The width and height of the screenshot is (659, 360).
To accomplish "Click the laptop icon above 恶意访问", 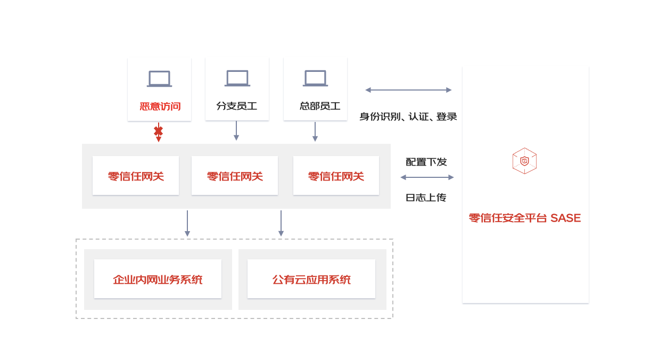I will coord(159,79).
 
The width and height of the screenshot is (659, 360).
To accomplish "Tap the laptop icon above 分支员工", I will coord(237,78).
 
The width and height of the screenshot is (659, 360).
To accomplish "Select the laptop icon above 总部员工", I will coord(315,78).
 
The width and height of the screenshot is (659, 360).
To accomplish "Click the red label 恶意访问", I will coord(160,107).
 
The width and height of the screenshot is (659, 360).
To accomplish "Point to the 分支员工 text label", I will coord(237,106).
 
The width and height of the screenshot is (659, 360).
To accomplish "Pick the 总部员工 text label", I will coord(320,106).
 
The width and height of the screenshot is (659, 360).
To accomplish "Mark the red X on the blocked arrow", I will coord(158,130).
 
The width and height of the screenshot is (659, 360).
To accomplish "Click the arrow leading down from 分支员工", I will coord(236,131).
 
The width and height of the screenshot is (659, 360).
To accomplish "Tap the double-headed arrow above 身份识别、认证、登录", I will coord(408,90).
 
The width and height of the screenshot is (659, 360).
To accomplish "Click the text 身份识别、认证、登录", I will coord(408,117).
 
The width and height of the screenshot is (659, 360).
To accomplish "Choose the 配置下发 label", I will coord(426,162).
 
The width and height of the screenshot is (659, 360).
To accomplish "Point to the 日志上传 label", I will coord(426,198).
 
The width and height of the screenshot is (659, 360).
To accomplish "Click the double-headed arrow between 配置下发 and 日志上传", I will coord(427,177).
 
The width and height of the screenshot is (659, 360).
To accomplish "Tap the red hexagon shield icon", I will coord(524,161).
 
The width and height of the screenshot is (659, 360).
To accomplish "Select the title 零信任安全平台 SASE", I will coord(524,218).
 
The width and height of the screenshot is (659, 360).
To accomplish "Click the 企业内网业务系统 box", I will coord(158,279).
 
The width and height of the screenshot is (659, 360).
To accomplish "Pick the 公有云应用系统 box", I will coord(311,279).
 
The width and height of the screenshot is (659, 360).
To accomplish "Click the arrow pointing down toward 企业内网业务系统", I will coord(187,223).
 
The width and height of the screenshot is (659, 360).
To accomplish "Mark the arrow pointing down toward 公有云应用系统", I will coord(281,223).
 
